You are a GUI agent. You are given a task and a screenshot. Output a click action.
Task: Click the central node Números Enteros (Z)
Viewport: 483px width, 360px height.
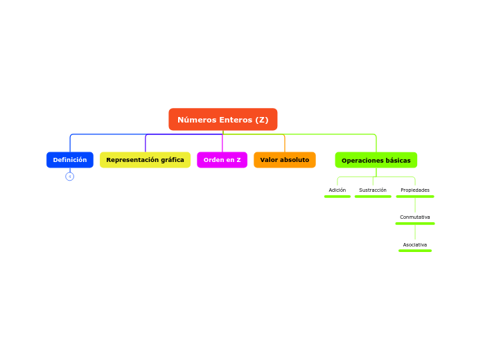[x=222, y=120]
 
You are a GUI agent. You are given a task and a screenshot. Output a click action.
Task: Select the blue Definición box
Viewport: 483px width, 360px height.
[x=70, y=160]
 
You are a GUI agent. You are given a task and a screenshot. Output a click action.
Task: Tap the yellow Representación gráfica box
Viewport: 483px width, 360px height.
[x=145, y=160]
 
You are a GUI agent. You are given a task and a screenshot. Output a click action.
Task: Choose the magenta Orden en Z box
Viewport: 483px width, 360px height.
[x=222, y=160]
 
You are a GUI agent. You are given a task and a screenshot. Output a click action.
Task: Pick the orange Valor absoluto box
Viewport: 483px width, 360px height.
[x=284, y=160]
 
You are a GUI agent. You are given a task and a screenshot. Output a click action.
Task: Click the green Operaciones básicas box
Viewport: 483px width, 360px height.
[x=376, y=161]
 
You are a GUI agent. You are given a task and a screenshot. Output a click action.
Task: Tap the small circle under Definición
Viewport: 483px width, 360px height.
[x=70, y=177]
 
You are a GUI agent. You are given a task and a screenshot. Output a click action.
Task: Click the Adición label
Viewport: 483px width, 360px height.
[x=337, y=190]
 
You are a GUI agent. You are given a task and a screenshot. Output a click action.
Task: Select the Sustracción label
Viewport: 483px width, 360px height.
[x=373, y=190]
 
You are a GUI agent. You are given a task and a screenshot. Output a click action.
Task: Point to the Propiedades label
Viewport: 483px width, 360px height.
[x=415, y=190]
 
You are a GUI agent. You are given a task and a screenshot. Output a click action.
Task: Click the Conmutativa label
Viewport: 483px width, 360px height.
[x=415, y=217]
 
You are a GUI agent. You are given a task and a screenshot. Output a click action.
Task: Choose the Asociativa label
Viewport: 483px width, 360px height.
[x=415, y=244]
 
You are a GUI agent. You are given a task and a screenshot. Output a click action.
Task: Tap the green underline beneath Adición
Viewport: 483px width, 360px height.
[x=337, y=197]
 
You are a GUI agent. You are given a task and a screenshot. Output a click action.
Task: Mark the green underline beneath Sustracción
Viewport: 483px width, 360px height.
[x=373, y=197]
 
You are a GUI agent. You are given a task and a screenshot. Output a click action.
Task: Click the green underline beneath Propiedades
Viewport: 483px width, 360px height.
[x=415, y=197]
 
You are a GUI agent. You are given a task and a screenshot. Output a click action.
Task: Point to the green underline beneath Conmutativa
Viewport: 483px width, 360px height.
[x=415, y=224]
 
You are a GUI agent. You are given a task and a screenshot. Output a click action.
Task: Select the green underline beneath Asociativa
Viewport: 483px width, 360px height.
[x=415, y=251]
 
